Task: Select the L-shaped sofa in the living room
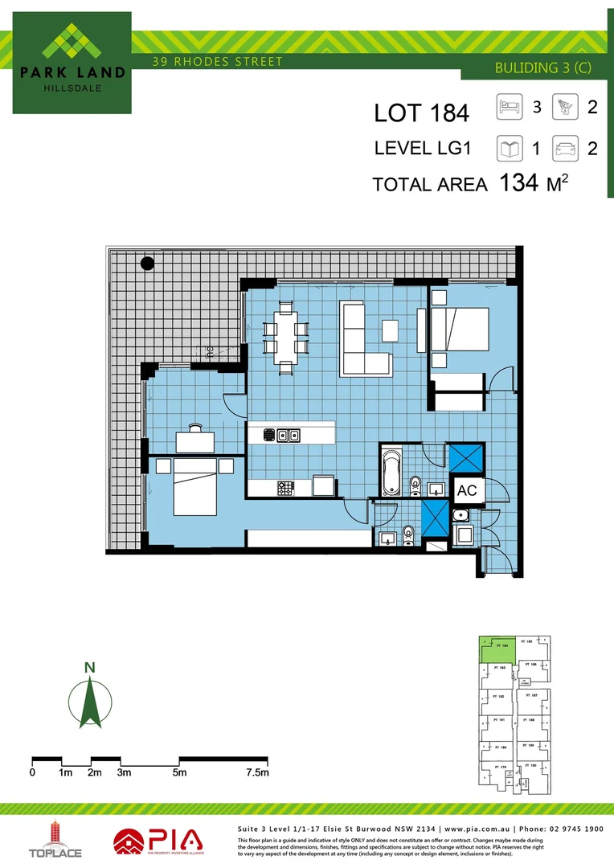point(362,338)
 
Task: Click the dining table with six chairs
point(286,336)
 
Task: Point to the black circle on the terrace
point(147,262)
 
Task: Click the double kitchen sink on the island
point(288,436)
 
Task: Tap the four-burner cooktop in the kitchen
point(286,486)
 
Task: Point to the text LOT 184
point(420,113)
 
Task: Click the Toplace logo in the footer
point(55,840)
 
